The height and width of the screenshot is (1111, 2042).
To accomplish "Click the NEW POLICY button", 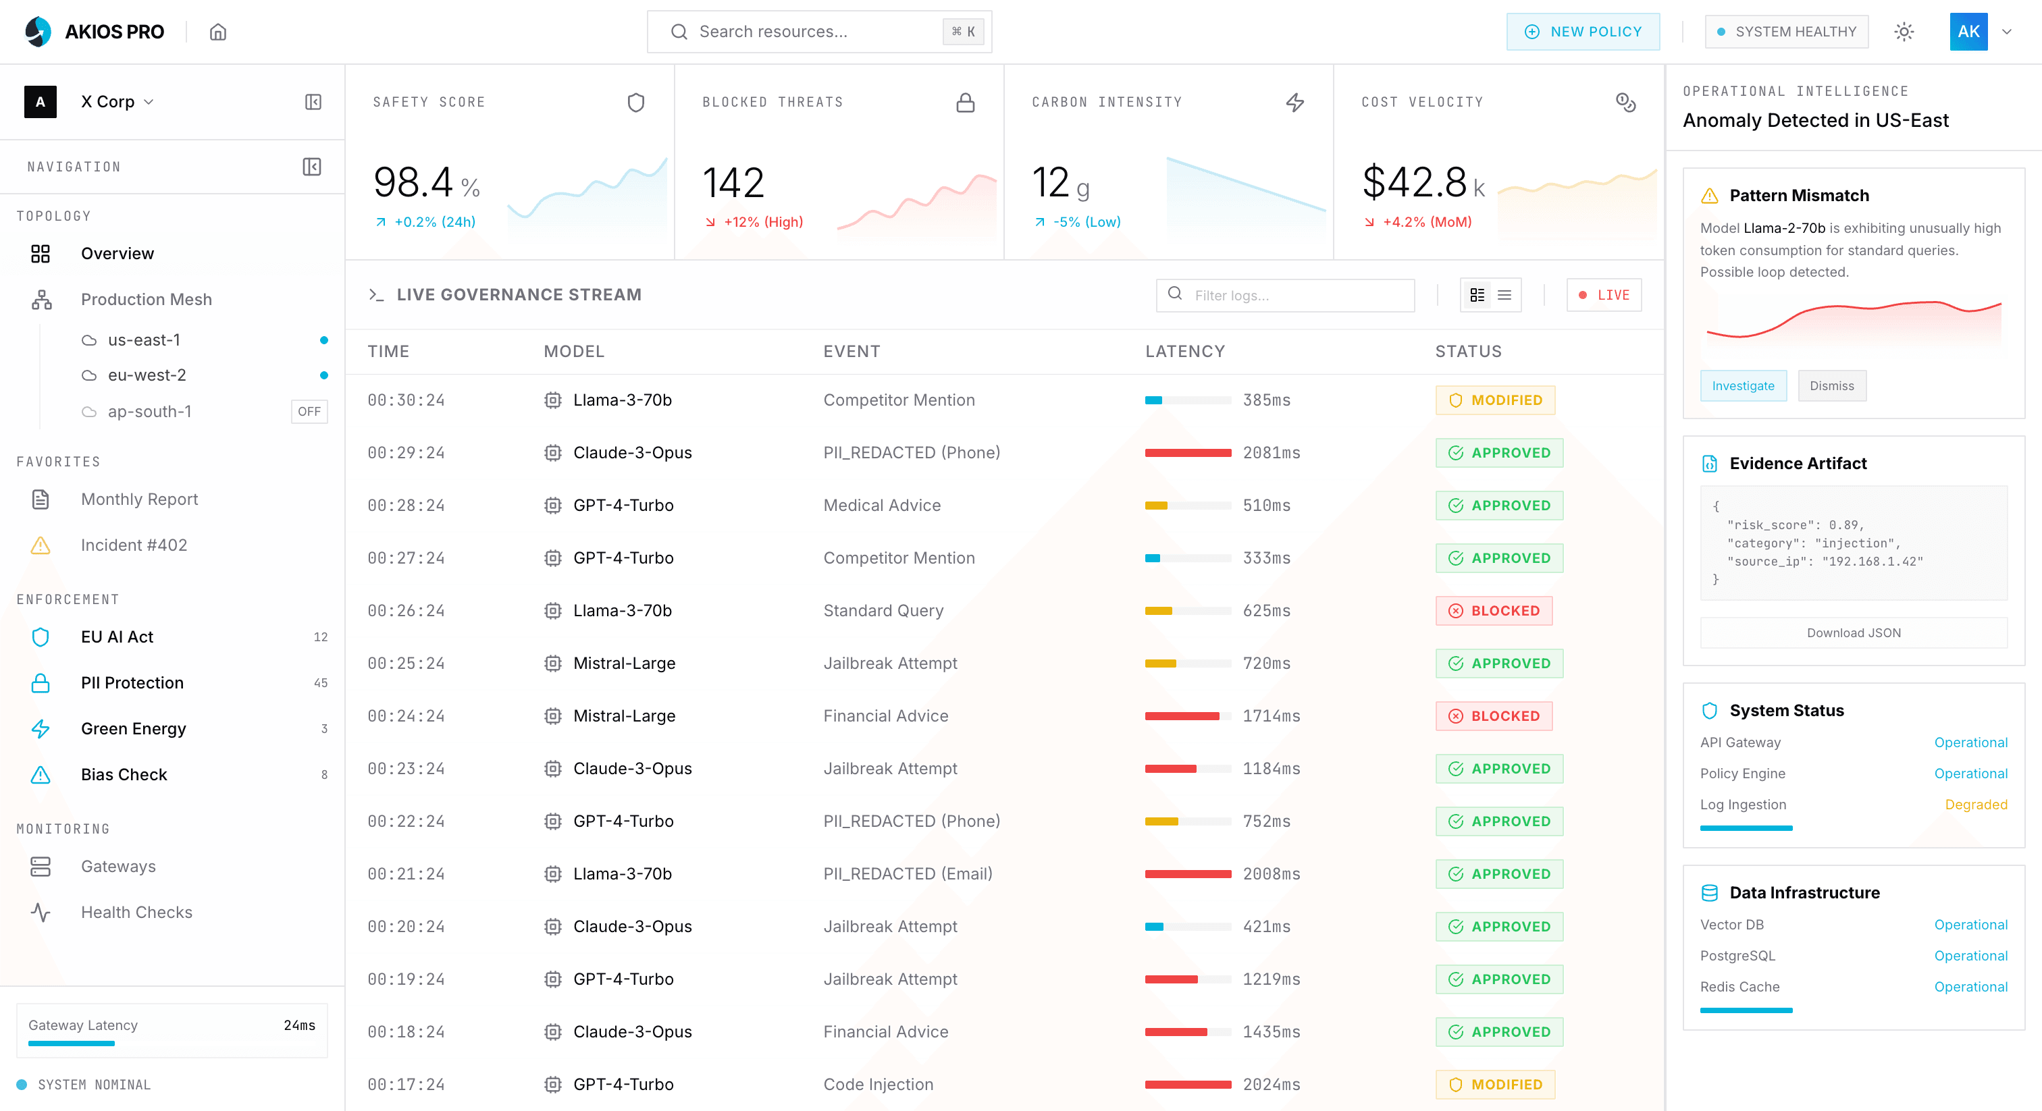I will (1582, 32).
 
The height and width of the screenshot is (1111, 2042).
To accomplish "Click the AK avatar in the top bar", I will (1968, 32).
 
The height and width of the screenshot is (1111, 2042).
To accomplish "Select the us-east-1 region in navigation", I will (145, 340).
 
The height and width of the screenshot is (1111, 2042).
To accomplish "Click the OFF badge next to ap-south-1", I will (309, 411).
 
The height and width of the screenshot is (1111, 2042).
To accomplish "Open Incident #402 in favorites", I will (134, 545).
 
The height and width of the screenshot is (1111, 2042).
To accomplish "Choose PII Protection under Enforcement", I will (132, 682).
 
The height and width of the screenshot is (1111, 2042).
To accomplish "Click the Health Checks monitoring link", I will (136, 912).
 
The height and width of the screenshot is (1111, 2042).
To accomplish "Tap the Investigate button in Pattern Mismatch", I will (1742, 386).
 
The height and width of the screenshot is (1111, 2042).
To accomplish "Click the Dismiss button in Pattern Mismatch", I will (1831, 386).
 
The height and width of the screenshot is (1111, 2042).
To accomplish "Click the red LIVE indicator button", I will (1603, 295).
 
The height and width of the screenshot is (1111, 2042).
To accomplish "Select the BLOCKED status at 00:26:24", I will (1494, 610).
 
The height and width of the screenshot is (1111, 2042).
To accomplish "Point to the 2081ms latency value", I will (1271, 452).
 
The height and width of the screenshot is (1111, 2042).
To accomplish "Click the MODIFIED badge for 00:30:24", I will (1494, 400).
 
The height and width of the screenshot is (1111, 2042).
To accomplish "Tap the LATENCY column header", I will (1184, 351).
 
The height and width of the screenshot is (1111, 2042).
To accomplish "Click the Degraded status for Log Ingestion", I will (1975, 805).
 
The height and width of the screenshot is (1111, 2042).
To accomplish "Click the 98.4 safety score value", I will (413, 183).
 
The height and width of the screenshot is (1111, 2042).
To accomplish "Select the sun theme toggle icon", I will (1904, 32).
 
